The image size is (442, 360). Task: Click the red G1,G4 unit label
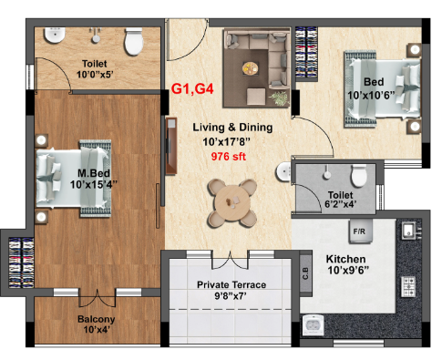pos(192,88)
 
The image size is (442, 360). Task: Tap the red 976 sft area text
pos(229,157)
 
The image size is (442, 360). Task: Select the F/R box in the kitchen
pos(360,231)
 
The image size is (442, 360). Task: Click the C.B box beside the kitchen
pos(305,273)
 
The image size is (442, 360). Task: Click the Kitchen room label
pos(346,259)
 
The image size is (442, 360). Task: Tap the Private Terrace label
pos(231,284)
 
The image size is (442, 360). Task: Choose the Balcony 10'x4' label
pos(97,324)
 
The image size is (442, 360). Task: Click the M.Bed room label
pos(94,173)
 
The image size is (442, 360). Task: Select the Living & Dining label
pos(232,127)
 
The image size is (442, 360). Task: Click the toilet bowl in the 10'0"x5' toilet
pos(134,41)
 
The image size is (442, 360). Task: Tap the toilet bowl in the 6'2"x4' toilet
pos(358,175)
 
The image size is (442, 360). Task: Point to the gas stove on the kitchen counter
pos(408,286)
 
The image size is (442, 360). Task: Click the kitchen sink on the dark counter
pos(409,231)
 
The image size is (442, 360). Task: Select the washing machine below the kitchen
pos(314,325)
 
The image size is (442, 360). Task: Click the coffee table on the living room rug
pos(251,68)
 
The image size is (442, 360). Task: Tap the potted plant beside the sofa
pos(279,98)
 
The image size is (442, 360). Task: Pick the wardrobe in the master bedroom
pos(21,262)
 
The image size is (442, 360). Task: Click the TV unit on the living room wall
pos(171,146)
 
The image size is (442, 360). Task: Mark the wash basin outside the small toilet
pos(284,172)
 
